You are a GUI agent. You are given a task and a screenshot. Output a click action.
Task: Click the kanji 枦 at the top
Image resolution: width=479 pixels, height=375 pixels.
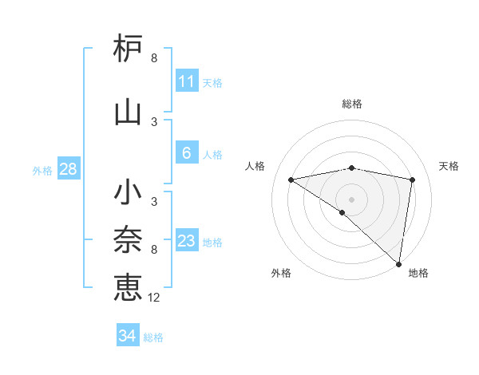tap(128, 49)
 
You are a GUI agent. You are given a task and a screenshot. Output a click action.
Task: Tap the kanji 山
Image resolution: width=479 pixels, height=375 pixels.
tap(128, 112)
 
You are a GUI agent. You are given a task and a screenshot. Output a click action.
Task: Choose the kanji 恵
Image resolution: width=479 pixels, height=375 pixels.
tap(128, 287)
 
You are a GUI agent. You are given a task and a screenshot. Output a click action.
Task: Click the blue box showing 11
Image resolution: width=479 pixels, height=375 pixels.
tap(187, 81)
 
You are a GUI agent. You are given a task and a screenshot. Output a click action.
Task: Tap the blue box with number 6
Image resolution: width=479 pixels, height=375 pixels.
tap(187, 153)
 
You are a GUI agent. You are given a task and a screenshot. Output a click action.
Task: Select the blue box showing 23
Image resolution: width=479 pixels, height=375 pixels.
tap(187, 241)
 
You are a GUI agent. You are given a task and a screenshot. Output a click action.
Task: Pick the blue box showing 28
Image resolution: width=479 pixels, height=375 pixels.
tap(68, 169)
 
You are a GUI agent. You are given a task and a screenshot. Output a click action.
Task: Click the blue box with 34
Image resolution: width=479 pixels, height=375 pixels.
tap(128, 336)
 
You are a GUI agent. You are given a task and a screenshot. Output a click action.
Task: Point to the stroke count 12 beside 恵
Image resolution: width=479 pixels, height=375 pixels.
tap(154, 298)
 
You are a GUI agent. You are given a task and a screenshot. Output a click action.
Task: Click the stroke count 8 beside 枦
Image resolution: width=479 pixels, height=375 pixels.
tap(154, 58)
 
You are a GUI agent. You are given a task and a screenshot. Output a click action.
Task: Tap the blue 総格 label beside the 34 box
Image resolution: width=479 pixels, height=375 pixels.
tap(154, 337)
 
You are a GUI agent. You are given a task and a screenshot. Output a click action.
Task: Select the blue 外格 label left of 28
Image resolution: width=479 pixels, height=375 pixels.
tap(42, 170)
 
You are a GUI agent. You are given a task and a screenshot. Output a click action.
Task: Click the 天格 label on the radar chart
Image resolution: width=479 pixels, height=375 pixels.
tap(449, 166)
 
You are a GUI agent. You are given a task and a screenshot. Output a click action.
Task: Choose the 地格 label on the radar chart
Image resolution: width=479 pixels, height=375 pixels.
tap(418, 273)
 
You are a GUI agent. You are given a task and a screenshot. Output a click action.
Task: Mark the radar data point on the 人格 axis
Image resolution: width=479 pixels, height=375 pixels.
tap(291, 180)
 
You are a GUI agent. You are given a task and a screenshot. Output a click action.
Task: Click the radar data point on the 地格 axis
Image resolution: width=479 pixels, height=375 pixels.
tap(398, 263)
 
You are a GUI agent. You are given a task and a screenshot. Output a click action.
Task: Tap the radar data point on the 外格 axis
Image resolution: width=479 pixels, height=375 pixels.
tap(342, 212)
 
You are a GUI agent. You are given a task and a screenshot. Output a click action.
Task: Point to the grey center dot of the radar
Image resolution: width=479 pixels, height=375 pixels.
tap(351, 199)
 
